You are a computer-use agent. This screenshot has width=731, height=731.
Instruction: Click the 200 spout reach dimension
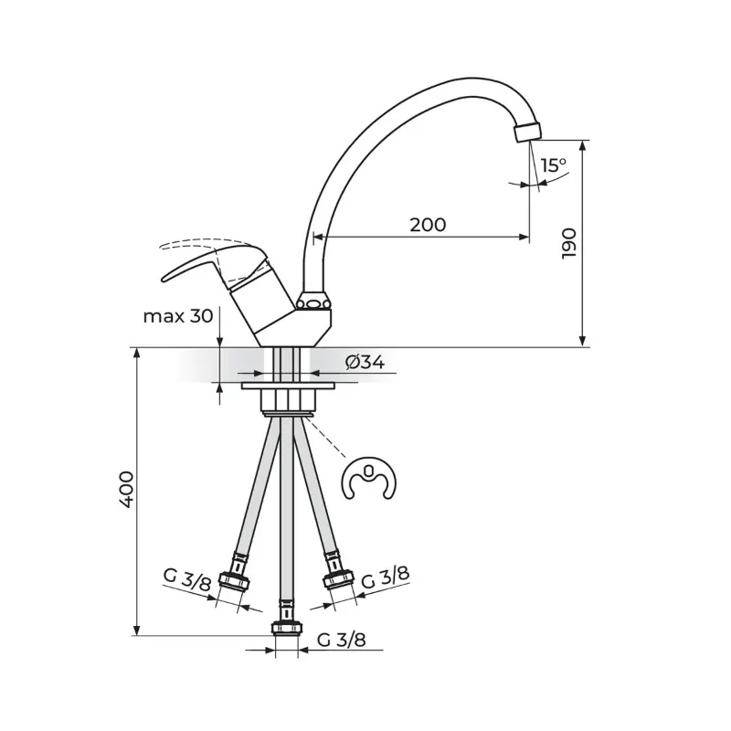coord(428,225)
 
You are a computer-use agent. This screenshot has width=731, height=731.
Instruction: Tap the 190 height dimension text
coord(568,243)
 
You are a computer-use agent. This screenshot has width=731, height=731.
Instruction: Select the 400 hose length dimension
coord(126,490)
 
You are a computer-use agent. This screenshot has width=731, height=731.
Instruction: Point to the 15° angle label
coord(554,165)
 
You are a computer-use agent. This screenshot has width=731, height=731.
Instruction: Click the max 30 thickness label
coord(178,316)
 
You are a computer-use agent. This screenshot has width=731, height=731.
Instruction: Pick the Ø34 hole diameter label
coord(365,362)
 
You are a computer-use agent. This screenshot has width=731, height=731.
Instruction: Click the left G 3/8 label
coord(187,579)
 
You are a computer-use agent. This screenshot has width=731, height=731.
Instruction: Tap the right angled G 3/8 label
coord(386,577)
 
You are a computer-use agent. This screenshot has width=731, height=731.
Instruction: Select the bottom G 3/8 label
coord(341,640)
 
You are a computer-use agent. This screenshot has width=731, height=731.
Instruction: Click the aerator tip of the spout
coord(528,131)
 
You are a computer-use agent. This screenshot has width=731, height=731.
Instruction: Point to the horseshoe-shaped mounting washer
coord(369,478)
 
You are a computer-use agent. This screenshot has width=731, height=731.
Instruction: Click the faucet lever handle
coord(215,264)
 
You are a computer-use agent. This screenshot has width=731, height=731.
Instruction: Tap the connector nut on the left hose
coord(235,581)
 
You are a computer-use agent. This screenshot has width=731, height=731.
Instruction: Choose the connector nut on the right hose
coord(339,580)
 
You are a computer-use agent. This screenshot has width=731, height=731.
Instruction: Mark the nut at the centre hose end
coord(287,628)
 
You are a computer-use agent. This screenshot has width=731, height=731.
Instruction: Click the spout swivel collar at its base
coord(313,302)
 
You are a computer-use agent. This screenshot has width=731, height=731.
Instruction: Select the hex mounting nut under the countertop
coord(288,400)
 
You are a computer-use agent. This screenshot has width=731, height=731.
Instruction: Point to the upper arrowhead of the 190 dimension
coord(582,145)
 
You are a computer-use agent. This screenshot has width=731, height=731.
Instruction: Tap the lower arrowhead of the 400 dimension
coord(136,630)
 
